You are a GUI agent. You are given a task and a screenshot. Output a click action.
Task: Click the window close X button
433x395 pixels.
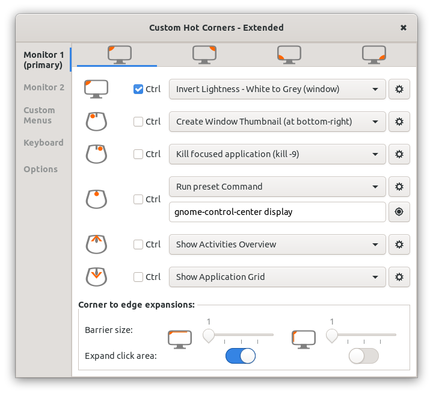[x=403, y=28]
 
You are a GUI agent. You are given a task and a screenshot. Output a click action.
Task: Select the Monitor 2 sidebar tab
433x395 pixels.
[x=44, y=87]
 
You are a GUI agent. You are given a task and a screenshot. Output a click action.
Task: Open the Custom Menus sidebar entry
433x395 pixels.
[x=39, y=115]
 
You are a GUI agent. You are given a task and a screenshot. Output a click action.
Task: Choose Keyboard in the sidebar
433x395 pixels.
[x=43, y=143]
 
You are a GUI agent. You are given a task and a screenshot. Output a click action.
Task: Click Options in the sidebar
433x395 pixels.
[x=41, y=169]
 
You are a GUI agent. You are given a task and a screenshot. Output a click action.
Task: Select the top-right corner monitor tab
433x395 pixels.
[x=204, y=55]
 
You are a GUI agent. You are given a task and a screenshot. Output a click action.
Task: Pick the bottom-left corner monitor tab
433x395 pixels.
[x=289, y=55]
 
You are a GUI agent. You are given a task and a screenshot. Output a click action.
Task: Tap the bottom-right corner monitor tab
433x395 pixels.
[x=374, y=55]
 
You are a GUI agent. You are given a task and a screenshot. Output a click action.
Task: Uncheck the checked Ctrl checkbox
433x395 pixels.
[x=138, y=89]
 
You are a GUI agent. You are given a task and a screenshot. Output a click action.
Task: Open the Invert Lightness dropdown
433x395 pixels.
[x=277, y=89]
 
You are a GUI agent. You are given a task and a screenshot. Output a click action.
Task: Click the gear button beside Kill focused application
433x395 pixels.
[x=399, y=154]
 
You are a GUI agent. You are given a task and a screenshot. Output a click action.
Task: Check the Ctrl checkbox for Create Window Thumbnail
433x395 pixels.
[x=138, y=122]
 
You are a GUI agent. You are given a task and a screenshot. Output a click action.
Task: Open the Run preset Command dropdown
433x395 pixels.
[x=277, y=187]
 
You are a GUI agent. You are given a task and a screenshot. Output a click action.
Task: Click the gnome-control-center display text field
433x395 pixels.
[x=277, y=212]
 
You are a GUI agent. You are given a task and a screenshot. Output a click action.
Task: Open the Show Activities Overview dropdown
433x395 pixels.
[x=277, y=244]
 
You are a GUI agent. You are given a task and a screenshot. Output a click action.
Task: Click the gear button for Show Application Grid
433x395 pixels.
[x=399, y=277]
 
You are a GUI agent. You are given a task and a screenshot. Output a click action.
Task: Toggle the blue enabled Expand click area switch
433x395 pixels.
[x=241, y=356]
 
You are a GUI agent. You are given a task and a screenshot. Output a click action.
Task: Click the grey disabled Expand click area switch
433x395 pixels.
[x=364, y=356]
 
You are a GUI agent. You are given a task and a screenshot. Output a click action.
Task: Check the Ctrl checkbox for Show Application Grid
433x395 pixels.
[x=138, y=277]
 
